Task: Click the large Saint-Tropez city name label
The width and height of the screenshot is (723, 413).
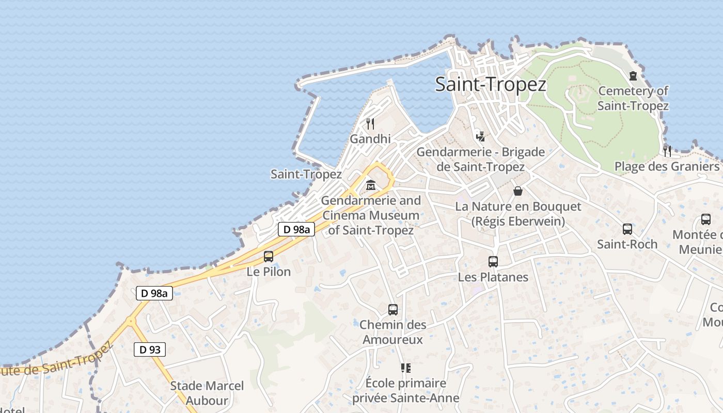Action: click(x=490, y=84)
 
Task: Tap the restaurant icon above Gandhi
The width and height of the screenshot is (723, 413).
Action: click(x=370, y=124)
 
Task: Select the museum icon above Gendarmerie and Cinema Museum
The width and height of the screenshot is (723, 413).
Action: click(x=371, y=185)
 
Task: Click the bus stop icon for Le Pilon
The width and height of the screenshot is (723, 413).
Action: click(x=269, y=257)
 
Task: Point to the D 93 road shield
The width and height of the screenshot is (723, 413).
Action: click(x=150, y=350)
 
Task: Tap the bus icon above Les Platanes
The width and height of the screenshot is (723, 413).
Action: click(x=493, y=262)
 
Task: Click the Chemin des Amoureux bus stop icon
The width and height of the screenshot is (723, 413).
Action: click(x=393, y=310)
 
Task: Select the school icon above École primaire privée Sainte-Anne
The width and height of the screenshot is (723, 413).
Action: click(x=406, y=368)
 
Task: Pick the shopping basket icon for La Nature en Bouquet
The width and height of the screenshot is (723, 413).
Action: click(x=518, y=191)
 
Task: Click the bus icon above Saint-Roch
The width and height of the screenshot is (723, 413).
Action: click(x=627, y=229)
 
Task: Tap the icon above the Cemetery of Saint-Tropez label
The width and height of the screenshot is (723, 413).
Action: click(x=633, y=76)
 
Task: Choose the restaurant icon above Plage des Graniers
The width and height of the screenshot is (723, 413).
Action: click(x=667, y=151)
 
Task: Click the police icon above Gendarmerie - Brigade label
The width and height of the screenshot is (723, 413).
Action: click(x=481, y=136)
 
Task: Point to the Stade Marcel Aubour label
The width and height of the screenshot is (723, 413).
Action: click(x=207, y=393)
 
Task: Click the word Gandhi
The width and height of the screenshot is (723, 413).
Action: click(x=370, y=139)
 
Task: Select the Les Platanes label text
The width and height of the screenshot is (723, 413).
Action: click(x=493, y=277)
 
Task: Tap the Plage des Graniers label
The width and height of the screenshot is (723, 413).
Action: click(x=666, y=167)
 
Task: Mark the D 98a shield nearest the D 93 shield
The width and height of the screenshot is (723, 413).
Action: click(x=154, y=293)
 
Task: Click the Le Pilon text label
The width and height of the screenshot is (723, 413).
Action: click(x=269, y=272)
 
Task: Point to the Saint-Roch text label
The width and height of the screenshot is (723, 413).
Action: click(x=627, y=244)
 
